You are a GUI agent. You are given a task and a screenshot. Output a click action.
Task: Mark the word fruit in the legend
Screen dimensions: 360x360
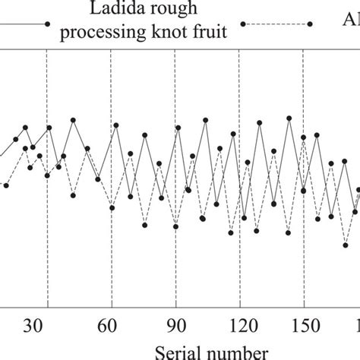[x=209, y=33]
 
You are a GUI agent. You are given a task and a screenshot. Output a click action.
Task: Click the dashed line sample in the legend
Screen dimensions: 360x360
[x=276, y=24]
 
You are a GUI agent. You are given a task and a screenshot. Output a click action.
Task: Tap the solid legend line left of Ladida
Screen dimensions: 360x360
[x=23, y=24]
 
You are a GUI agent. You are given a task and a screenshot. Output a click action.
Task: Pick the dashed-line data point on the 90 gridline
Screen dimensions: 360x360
[x=175, y=226]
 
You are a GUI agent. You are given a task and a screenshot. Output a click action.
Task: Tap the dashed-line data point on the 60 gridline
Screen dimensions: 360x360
[x=112, y=207]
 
